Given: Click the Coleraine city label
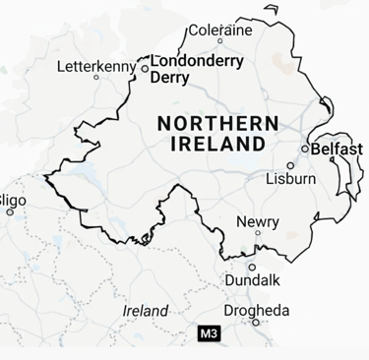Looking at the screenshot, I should [220, 30].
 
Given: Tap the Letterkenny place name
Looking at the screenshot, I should [96, 67].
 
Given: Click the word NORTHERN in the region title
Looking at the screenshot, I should [217, 124].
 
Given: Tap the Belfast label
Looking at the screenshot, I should [337, 150].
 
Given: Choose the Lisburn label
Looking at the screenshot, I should [291, 179].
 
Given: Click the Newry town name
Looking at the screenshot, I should [257, 222].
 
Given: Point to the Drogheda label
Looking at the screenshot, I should [257, 311].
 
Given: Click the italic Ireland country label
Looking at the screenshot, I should [146, 311].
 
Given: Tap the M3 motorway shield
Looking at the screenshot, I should [209, 334].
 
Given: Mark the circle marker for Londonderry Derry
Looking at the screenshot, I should [145, 69].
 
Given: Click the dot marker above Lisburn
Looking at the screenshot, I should [290, 165].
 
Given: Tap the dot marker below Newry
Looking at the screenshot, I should [258, 234].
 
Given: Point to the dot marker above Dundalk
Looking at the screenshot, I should [252, 267].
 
